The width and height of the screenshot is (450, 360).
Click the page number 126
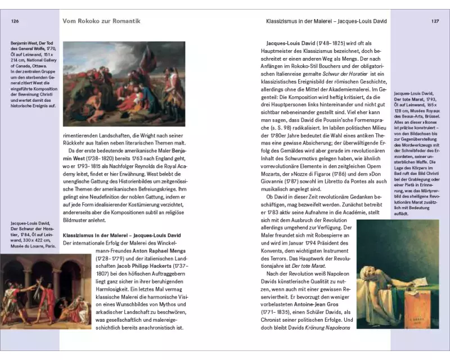pyautogui.click(x=16, y=21)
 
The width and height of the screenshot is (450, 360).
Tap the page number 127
pyautogui.click(x=435, y=21)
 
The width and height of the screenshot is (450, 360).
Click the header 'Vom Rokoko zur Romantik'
pyautogui.click(x=102, y=21)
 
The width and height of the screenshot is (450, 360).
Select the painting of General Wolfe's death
pyautogui.click(x=124, y=83)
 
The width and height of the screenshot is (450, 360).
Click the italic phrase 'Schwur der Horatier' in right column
pyautogui.click(x=342, y=74)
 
